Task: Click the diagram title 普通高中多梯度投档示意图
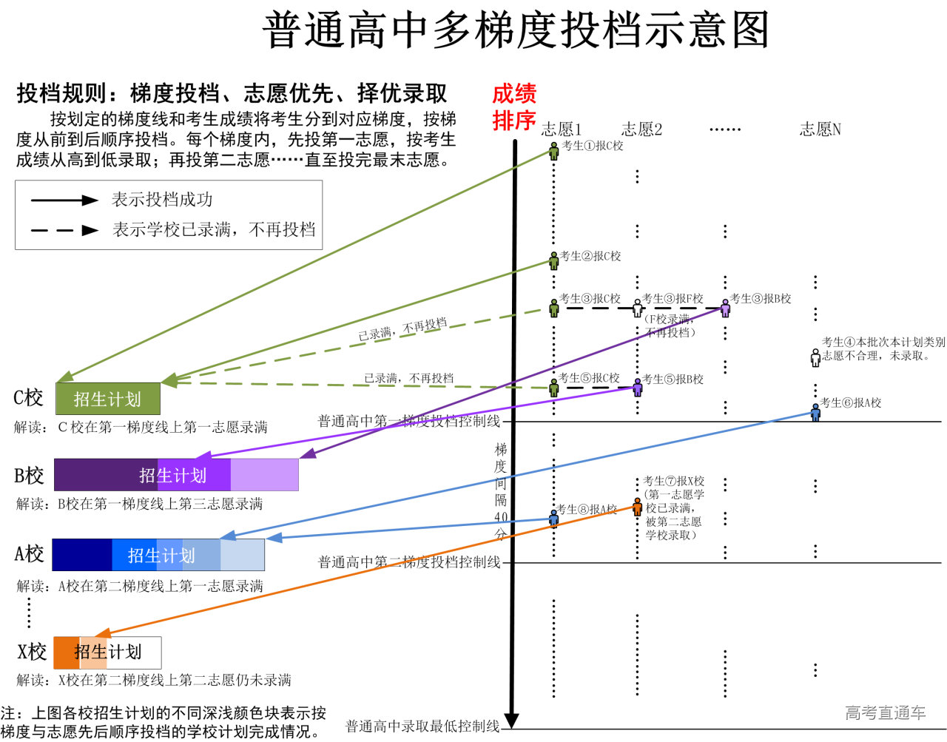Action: [x=516, y=31]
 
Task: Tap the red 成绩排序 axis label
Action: [x=514, y=107]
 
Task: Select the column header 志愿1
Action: [x=562, y=129]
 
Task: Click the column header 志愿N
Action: [x=820, y=129]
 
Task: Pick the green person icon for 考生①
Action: [x=554, y=151]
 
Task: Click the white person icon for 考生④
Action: [x=815, y=357]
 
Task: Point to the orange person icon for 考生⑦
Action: [x=637, y=507]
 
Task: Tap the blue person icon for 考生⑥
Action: [x=815, y=412]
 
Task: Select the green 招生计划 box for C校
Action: [x=108, y=399]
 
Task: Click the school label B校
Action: [x=29, y=476]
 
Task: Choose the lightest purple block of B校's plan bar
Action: [x=264, y=475]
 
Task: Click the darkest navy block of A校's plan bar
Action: [x=81, y=555]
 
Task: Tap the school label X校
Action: [x=32, y=652]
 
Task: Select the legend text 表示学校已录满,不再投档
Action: [x=214, y=230]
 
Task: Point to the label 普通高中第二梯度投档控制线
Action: [x=409, y=562]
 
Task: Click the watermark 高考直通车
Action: [x=885, y=713]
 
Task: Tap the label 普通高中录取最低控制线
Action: [x=422, y=726]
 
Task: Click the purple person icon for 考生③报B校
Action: [x=725, y=308]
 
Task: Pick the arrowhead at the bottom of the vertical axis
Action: [x=511, y=721]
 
